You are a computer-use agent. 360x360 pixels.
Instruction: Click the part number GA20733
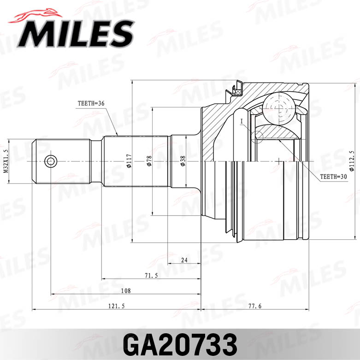(180, 343)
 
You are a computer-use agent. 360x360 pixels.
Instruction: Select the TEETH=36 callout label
(92, 104)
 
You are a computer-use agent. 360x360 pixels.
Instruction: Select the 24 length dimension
(184, 260)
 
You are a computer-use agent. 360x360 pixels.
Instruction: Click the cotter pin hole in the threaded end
(51, 161)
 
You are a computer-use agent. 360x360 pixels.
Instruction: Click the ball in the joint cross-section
(279, 106)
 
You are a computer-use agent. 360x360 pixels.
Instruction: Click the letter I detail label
(241, 122)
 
